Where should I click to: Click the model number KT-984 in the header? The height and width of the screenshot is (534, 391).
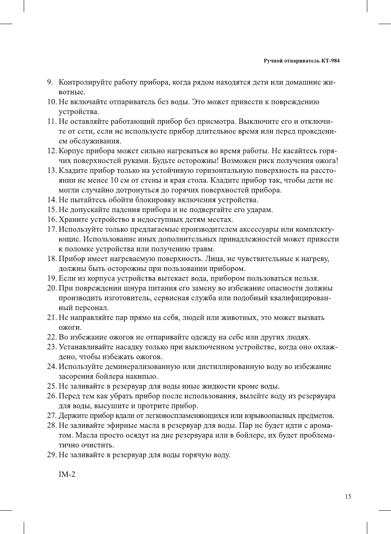tap(330, 61)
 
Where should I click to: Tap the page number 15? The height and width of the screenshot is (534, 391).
tap(348, 496)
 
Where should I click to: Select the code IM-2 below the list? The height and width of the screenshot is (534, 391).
tap(67, 474)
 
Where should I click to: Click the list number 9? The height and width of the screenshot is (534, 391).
tap(50, 83)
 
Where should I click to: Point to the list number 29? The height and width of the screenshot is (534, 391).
tap(52, 455)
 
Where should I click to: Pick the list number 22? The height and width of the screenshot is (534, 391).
tap(52, 337)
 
